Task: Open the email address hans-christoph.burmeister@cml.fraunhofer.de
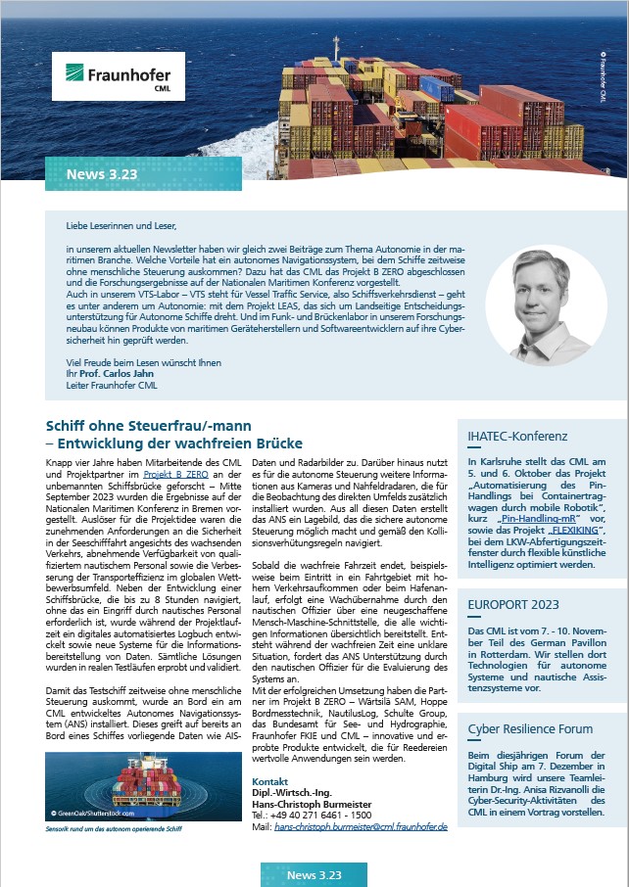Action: pyautogui.click(x=361, y=826)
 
